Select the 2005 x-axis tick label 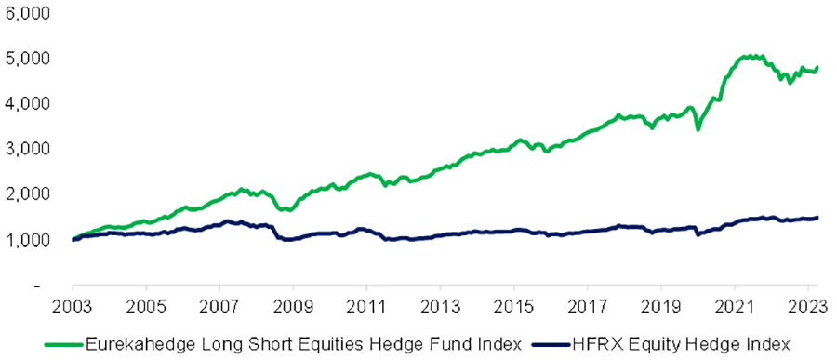point(146,304)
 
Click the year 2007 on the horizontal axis point(219,304)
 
